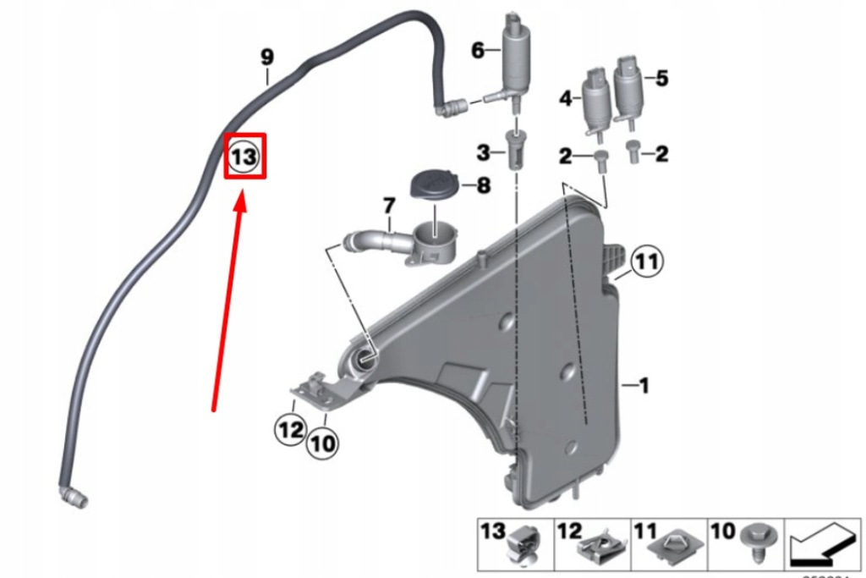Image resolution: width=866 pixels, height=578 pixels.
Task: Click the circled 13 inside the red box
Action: point(244,157)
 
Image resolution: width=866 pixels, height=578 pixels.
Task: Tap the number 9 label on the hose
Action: point(267,58)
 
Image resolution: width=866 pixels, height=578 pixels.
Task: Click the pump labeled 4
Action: point(594,107)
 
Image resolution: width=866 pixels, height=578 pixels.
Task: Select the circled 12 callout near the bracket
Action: point(290,430)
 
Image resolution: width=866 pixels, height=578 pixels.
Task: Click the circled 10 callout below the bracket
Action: point(322,442)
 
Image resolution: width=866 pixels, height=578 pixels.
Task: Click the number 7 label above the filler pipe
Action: point(388,206)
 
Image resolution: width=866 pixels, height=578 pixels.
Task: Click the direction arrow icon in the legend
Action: point(819,547)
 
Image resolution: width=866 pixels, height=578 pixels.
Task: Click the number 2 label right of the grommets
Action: point(661,153)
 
